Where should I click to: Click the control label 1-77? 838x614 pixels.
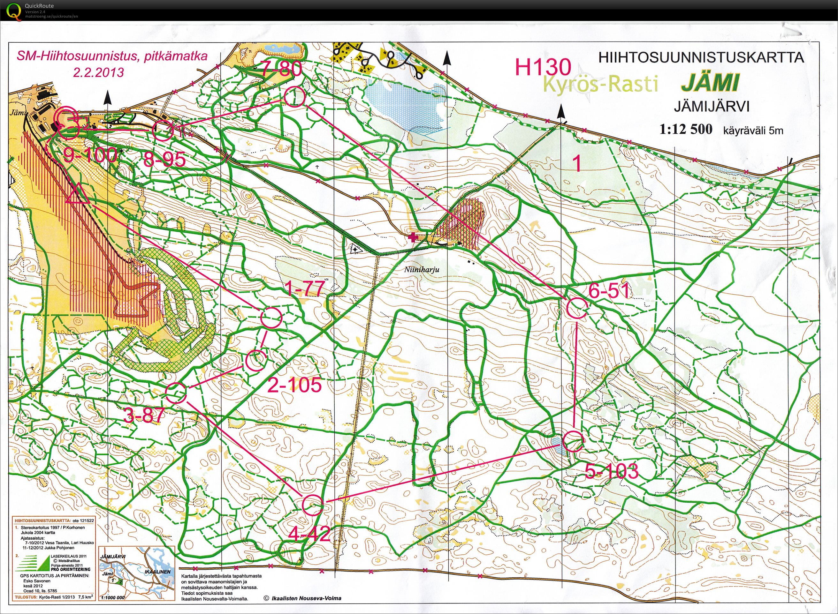click(x=305, y=288)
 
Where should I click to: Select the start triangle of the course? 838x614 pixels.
click(x=77, y=194)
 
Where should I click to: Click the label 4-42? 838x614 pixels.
click(x=309, y=535)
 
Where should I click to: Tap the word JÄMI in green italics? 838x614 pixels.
click(x=710, y=83)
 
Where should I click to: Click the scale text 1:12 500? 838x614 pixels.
click(x=685, y=129)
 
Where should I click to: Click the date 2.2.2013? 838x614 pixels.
click(x=98, y=72)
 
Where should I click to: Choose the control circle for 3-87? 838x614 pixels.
click(x=176, y=393)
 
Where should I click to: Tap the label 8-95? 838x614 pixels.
click(x=164, y=160)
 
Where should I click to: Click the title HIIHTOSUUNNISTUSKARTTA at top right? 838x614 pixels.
click(x=701, y=58)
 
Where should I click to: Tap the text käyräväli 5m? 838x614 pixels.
click(x=753, y=131)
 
